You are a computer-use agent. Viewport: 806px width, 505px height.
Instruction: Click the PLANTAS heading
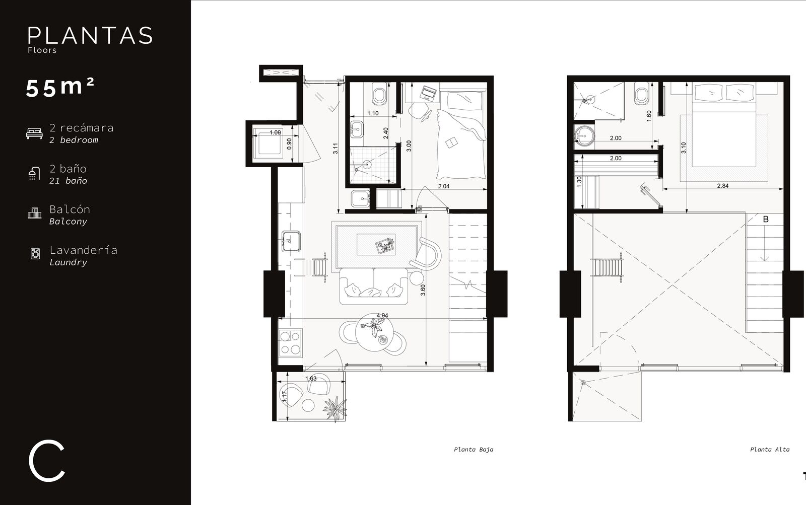click(x=90, y=36)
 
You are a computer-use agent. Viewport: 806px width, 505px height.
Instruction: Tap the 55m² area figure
click(x=60, y=88)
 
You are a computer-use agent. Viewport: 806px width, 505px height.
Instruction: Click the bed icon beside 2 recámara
click(x=34, y=133)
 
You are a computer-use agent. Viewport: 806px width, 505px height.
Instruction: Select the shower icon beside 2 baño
click(x=34, y=173)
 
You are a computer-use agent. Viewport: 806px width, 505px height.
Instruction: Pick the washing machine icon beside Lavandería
click(x=35, y=254)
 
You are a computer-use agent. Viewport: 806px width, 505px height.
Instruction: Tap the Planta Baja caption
click(x=474, y=450)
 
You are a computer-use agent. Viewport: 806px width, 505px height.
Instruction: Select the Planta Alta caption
click(x=770, y=450)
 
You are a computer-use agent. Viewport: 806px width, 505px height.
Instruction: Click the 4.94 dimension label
click(x=382, y=316)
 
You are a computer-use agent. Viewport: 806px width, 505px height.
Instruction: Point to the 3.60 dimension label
click(x=423, y=290)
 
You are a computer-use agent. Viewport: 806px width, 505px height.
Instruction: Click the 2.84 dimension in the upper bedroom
click(x=722, y=186)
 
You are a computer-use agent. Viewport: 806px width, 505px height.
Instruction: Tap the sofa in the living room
click(x=374, y=286)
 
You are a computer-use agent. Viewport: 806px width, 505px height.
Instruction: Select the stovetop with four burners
click(x=290, y=343)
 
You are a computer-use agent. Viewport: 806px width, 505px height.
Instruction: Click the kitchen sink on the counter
click(x=291, y=241)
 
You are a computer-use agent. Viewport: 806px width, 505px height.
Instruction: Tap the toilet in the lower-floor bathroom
click(x=379, y=94)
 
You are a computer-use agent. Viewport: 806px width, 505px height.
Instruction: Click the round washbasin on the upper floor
click(x=584, y=135)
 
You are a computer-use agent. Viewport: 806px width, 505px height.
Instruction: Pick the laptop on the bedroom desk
click(x=428, y=93)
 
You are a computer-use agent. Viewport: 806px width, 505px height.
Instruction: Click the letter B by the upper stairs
click(x=766, y=219)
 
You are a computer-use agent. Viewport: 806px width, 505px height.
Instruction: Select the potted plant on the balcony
click(x=334, y=408)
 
